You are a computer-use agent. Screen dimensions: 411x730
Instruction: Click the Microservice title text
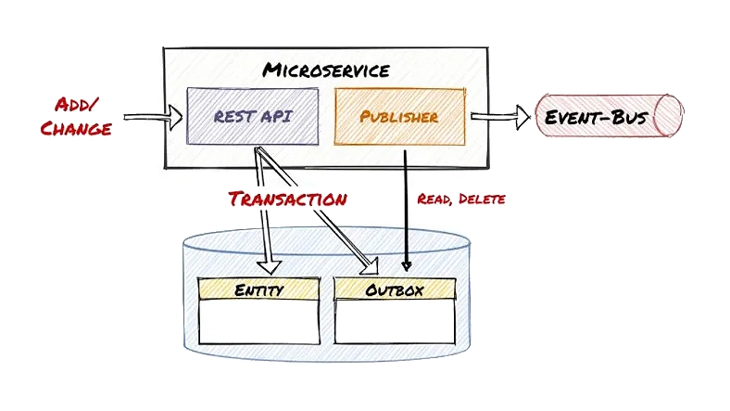326,70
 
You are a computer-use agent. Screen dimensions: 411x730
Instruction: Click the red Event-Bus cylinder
608,118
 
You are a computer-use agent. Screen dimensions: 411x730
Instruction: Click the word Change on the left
75,127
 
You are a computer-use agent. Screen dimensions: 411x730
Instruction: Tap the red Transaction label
288,199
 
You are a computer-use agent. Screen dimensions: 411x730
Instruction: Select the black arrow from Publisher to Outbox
406,213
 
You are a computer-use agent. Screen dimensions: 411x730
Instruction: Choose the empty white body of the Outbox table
394,321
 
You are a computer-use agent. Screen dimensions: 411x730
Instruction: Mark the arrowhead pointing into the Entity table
271,266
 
